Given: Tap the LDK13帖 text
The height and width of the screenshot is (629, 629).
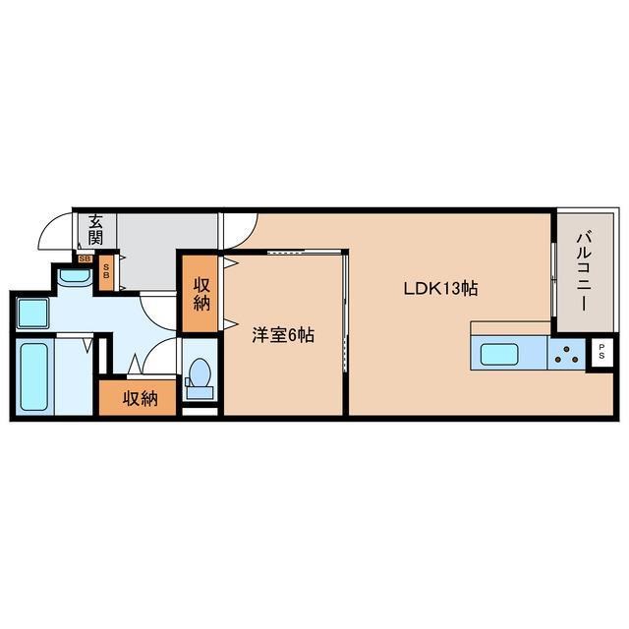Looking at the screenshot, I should [x=440, y=289].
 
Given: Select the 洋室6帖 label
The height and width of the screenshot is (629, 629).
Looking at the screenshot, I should [x=283, y=335].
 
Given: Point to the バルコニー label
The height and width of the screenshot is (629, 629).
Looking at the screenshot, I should [x=582, y=269].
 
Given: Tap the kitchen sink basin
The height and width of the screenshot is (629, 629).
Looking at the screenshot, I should [x=490, y=354].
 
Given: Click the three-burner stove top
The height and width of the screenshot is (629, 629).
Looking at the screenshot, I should [x=566, y=355].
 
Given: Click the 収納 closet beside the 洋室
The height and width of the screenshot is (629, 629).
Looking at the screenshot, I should [x=201, y=294].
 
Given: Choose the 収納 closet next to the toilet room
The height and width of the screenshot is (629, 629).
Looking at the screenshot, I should [x=140, y=398].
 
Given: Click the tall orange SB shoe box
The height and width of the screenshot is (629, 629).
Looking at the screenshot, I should [x=106, y=271].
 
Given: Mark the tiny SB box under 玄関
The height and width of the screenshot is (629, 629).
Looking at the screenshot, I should [x=86, y=259].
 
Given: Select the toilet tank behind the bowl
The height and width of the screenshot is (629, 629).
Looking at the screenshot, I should [x=200, y=392].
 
